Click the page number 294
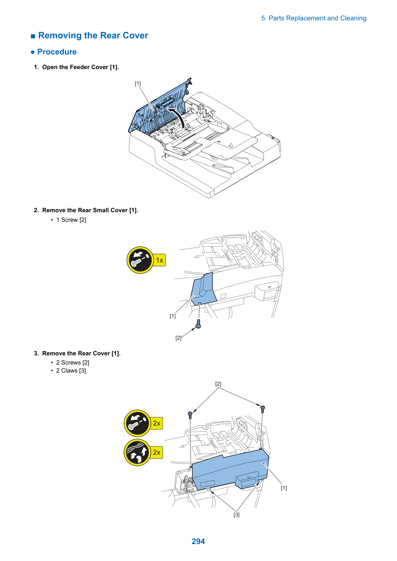point(198,541)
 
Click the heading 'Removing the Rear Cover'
point(93,35)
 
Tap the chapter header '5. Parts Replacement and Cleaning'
point(314,18)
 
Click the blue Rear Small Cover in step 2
point(203,289)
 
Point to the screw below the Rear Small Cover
point(198,323)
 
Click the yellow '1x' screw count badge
point(159,260)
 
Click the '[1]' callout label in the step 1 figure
point(137,83)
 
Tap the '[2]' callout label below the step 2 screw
point(178,338)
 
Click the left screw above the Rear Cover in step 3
point(190,415)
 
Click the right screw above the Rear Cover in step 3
point(263,409)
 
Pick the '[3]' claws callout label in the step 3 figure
point(237,515)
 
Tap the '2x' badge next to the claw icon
point(157,452)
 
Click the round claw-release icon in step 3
point(137,452)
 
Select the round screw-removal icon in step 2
point(140,260)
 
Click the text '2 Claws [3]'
point(71,370)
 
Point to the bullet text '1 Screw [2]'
point(71,219)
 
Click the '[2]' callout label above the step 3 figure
point(218,384)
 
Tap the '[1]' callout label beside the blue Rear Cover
point(284,488)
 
